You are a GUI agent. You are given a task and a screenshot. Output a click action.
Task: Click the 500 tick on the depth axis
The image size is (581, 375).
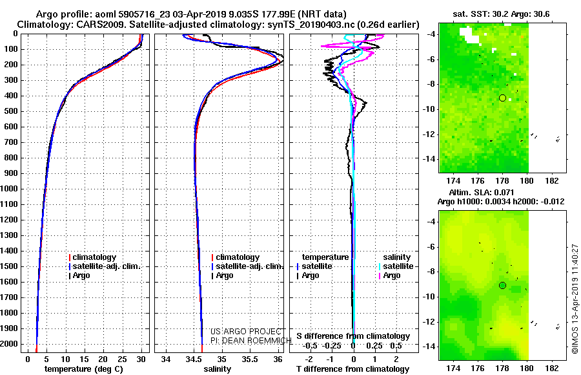coord(10,111)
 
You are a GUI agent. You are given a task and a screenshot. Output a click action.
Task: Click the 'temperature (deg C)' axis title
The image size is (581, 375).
coord(84,369)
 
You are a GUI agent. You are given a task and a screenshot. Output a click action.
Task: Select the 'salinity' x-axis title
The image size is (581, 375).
coord(217,369)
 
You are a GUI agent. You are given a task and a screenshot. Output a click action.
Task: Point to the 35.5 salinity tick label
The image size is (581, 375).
coord(250,359)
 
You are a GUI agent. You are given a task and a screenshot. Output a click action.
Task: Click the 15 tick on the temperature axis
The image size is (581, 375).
coord(84,359)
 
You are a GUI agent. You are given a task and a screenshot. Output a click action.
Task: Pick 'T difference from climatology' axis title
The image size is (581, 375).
coord(352,369)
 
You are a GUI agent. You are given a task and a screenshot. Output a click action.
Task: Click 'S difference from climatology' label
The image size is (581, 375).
coord(353,336)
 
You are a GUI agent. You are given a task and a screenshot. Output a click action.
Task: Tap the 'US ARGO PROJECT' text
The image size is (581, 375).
coord(246,332)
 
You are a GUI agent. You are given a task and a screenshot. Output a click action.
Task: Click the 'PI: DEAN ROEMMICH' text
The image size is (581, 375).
coord(251,341)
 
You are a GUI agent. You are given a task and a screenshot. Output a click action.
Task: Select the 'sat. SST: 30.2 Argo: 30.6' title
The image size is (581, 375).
coord(501,14)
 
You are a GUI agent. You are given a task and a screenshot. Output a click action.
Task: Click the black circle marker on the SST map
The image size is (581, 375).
coord(502,98)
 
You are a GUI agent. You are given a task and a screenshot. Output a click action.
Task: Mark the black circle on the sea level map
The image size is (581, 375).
coord(502,286)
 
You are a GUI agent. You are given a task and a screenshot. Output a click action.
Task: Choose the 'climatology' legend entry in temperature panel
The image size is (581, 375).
coord(92,257)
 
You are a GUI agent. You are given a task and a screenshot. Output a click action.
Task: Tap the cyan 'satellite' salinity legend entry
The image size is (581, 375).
coord(396,266)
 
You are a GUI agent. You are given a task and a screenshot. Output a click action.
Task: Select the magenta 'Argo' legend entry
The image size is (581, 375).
coord(389,275)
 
